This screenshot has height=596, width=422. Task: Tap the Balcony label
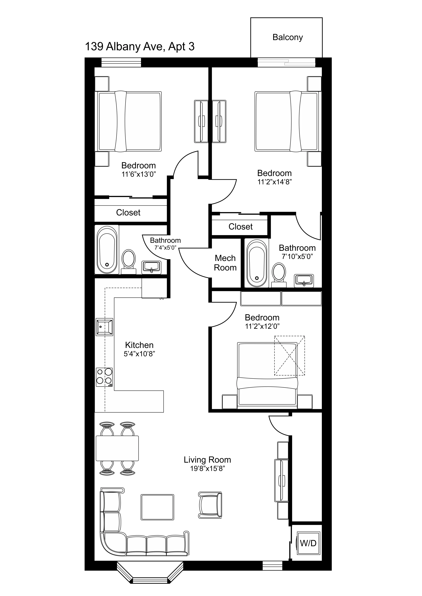click(287, 37)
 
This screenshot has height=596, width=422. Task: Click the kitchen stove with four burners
click(104, 377)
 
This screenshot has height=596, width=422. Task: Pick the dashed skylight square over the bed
click(289, 356)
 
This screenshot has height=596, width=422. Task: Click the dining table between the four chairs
click(117, 448)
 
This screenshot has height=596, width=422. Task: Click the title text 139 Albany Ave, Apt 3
click(140, 47)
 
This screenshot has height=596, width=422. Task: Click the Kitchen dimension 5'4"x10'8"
click(139, 354)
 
